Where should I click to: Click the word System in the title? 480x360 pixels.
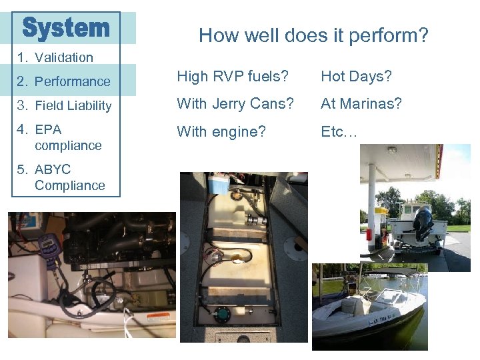click(x=65, y=28)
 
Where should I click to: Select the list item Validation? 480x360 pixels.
click(x=63, y=57)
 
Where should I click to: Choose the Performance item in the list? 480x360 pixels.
click(x=72, y=81)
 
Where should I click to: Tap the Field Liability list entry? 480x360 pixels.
click(x=73, y=105)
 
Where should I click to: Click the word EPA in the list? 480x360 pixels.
click(x=48, y=129)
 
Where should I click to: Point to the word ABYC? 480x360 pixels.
click(x=53, y=169)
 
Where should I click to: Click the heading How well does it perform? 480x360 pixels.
click(x=313, y=35)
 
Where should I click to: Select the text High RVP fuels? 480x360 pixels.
click(x=232, y=77)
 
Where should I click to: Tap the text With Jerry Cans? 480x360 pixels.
click(x=235, y=104)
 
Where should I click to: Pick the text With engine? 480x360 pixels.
click(x=221, y=132)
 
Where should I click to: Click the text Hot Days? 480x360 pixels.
click(x=356, y=77)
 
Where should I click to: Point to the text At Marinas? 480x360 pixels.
click(x=361, y=104)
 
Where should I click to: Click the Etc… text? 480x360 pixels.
click(x=339, y=132)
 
